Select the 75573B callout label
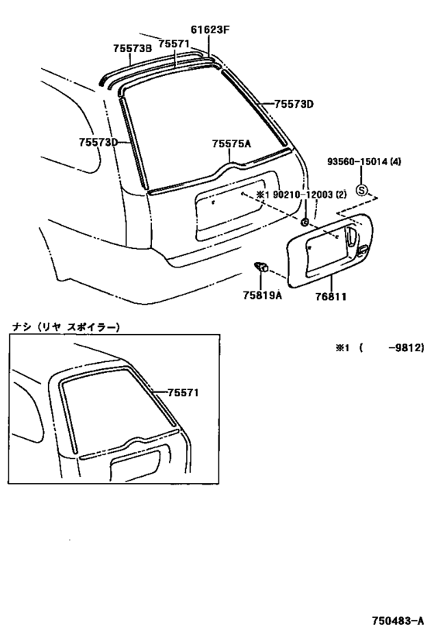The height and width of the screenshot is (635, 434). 132,47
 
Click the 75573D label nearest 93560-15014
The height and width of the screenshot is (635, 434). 294,103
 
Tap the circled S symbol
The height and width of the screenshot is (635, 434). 361,188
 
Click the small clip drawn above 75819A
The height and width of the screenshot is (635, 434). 260,268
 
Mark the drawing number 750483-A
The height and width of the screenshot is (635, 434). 398,621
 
